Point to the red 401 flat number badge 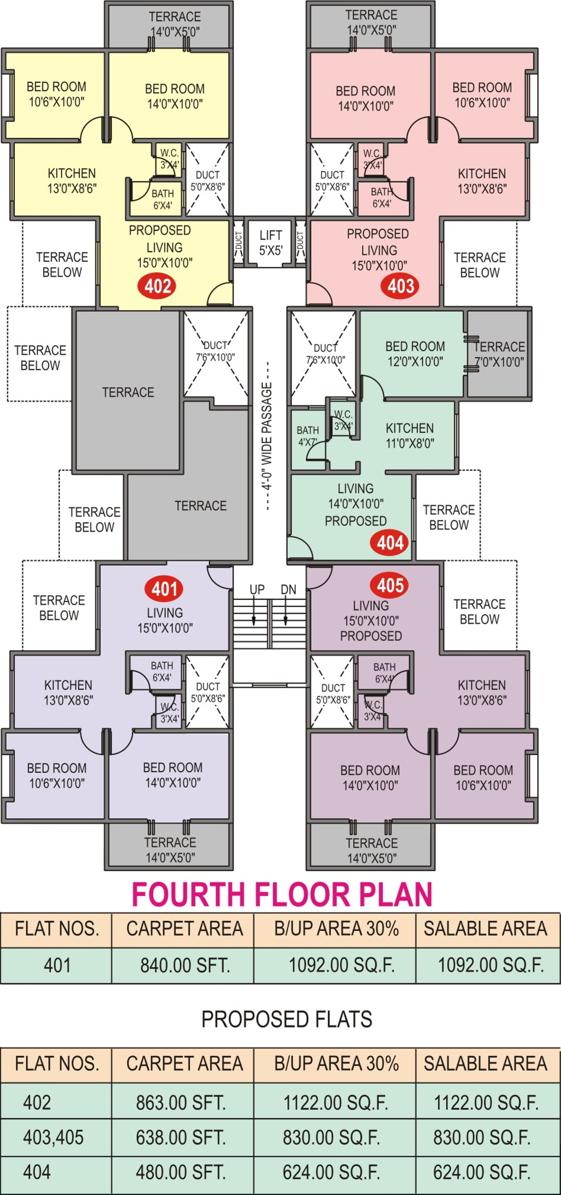point(164,589)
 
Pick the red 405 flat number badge point(390,585)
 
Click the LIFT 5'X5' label point(271,243)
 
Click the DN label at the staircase point(288,590)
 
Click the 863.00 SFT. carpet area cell point(181,1102)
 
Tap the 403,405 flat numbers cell point(53,1138)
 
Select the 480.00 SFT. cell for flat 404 point(181,1172)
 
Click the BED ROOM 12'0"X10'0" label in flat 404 point(415,354)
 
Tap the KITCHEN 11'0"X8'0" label point(410,436)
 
